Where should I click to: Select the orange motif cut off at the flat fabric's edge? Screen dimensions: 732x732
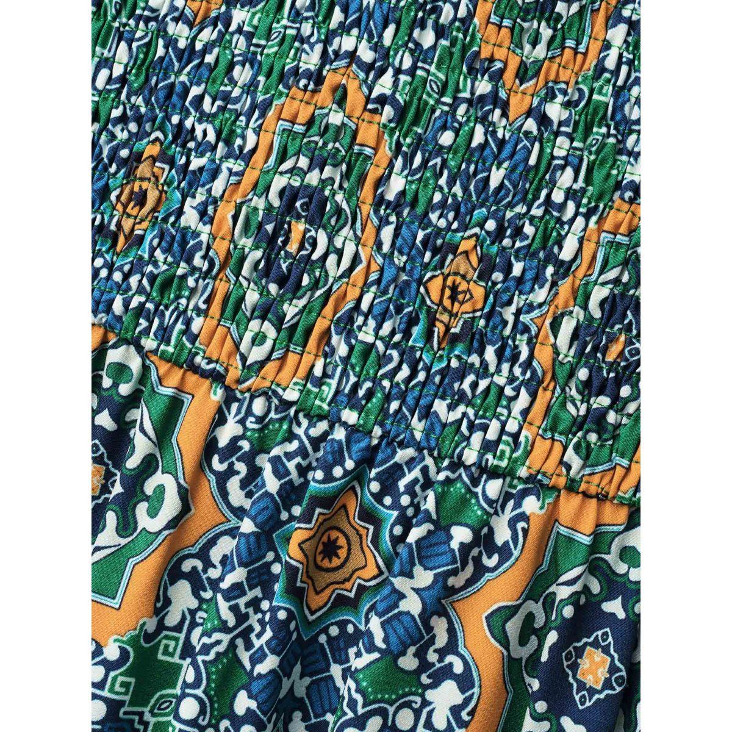pos(96,480)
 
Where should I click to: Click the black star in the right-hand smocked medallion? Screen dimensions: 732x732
pos(453,291)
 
